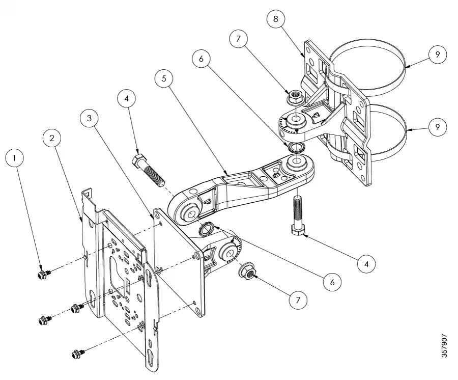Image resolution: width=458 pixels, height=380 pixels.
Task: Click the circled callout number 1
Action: [x=15, y=158]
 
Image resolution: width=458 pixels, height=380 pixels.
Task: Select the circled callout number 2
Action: [x=52, y=138]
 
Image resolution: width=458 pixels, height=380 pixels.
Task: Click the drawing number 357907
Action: [x=444, y=345]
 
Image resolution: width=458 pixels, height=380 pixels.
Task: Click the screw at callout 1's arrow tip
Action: [x=44, y=274]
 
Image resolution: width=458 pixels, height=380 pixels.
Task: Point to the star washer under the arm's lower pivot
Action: [x=206, y=228]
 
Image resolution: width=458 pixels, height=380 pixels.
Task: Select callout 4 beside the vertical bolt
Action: [x=367, y=264]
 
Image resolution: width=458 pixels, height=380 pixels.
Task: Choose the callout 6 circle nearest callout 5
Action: [x=202, y=59]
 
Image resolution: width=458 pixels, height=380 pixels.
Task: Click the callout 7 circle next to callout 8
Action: [x=238, y=39]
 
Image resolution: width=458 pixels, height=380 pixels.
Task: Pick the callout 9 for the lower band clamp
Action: [x=437, y=127]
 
